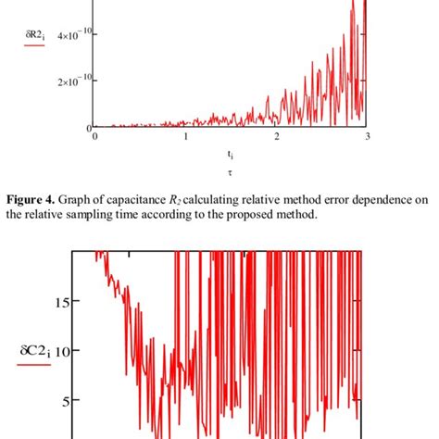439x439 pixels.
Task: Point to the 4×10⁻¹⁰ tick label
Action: point(72,35)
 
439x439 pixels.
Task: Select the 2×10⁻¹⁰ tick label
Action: point(72,82)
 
